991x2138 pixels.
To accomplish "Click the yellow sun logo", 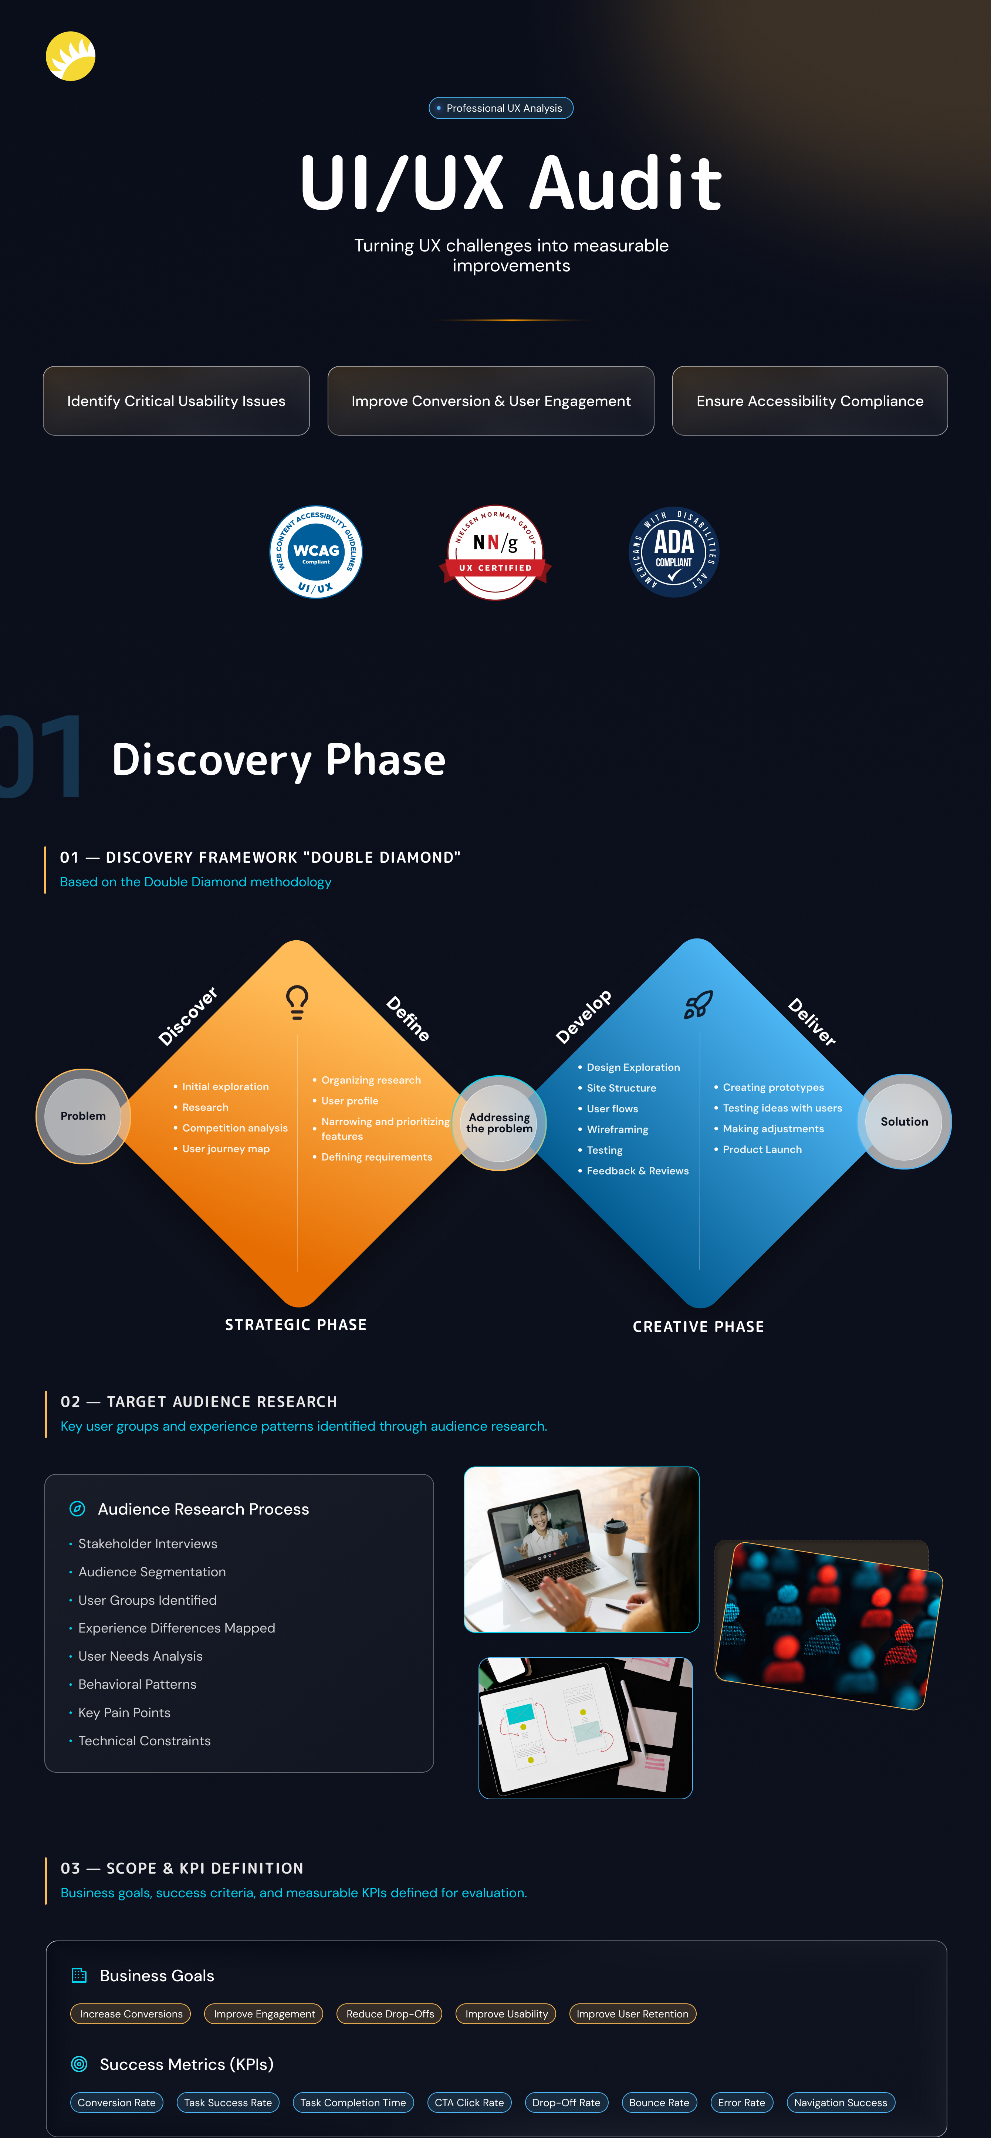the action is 71,57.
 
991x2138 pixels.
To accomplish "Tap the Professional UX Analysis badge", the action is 500,108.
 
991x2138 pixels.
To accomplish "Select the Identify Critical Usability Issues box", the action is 176,401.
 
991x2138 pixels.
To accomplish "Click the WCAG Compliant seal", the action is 316,552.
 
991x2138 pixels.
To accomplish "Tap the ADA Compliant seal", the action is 674,552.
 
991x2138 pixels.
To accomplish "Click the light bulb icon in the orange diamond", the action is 297,1002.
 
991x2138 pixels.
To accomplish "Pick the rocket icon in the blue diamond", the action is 698,1004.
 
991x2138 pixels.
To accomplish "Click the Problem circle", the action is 83,1116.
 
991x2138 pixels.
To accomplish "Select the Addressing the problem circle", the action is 499,1123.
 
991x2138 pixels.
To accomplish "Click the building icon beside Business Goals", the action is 79,1975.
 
